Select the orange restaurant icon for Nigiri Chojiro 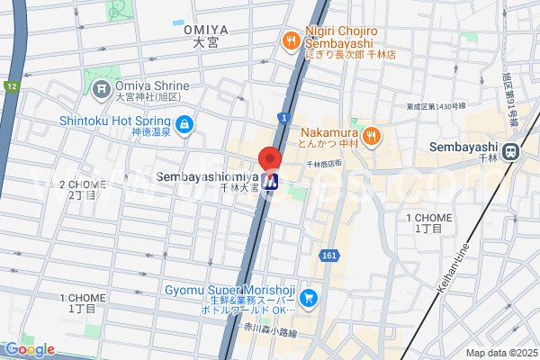[x=291, y=40]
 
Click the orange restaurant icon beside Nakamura [x=373, y=136]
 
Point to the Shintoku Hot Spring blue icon [x=184, y=123]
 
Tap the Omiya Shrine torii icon [x=102, y=88]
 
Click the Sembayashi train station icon [x=512, y=152]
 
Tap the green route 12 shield [x=13, y=87]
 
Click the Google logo [x=29, y=349]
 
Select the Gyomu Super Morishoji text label [x=231, y=291]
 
